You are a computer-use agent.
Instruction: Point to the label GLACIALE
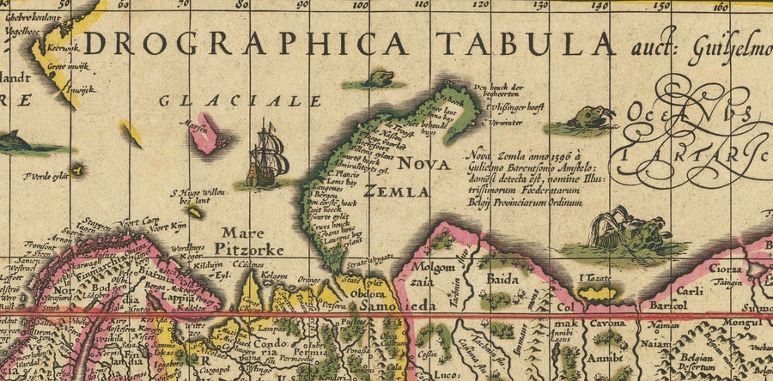(x=240, y=101)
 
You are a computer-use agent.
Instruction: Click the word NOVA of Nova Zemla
(x=424, y=164)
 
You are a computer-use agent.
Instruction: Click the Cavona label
(x=606, y=324)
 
